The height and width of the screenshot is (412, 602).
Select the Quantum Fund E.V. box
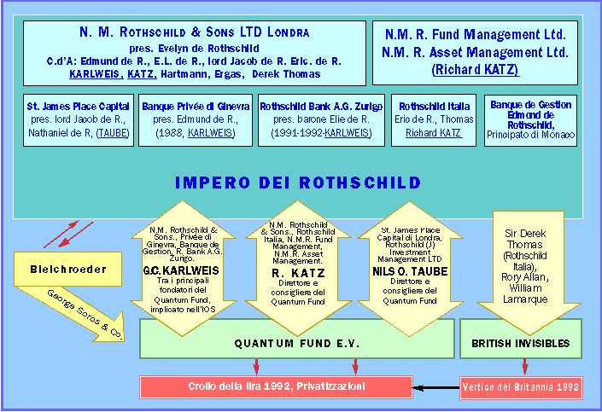point(294,345)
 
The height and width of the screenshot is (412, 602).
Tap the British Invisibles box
point(522,345)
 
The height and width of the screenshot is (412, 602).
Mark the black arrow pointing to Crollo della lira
point(435,388)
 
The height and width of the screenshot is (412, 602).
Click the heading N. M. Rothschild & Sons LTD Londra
point(195,32)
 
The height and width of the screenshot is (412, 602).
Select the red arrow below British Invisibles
point(523,367)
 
